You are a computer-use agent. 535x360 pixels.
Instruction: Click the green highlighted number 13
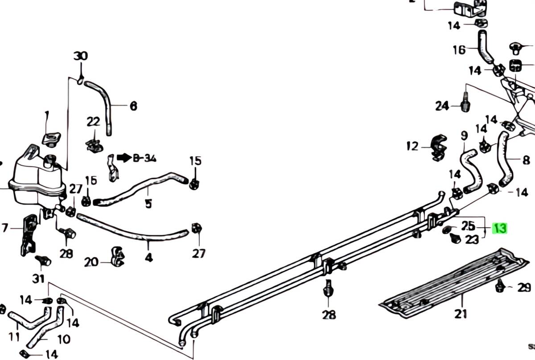point(500,228)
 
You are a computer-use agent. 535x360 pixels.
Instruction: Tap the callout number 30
point(81,57)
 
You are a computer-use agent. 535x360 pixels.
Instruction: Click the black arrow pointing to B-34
point(124,157)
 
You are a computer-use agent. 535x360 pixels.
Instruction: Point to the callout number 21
point(461,314)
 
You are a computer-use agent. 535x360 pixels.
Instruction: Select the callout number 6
point(133,106)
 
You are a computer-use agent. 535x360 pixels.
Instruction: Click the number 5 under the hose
point(148,204)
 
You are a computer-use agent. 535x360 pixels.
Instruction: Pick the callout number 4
point(148,257)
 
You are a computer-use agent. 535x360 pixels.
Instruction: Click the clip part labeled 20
point(117,257)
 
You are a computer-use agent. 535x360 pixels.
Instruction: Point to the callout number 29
point(524,287)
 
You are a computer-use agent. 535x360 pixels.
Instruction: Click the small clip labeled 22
point(93,144)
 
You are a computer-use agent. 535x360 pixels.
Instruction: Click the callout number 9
point(464,135)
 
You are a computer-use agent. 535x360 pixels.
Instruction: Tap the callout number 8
point(526,159)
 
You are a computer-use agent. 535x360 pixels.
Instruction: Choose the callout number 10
point(64,340)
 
